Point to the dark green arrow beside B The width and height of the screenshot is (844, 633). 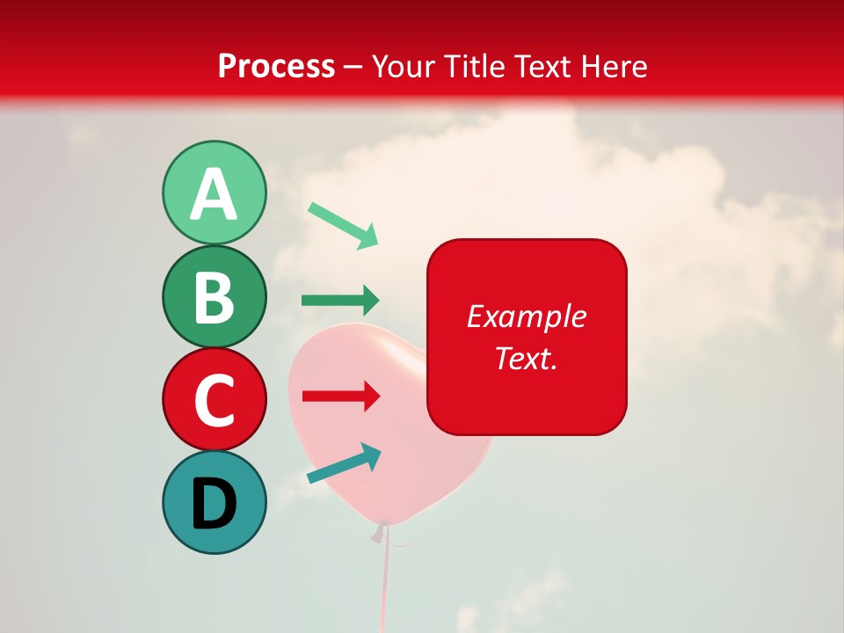pos(340,301)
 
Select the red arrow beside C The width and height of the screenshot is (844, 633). pos(341,397)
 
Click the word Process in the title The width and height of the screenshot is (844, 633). pos(276,66)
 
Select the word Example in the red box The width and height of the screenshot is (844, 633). pos(526,316)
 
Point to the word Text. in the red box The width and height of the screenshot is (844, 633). pos(526,358)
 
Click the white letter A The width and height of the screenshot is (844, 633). pos(214,194)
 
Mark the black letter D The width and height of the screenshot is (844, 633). pos(214,503)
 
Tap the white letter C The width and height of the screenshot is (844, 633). pos(214,400)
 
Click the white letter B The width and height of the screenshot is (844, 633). pos(214,297)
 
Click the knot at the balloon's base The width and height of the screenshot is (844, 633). pos(382,529)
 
